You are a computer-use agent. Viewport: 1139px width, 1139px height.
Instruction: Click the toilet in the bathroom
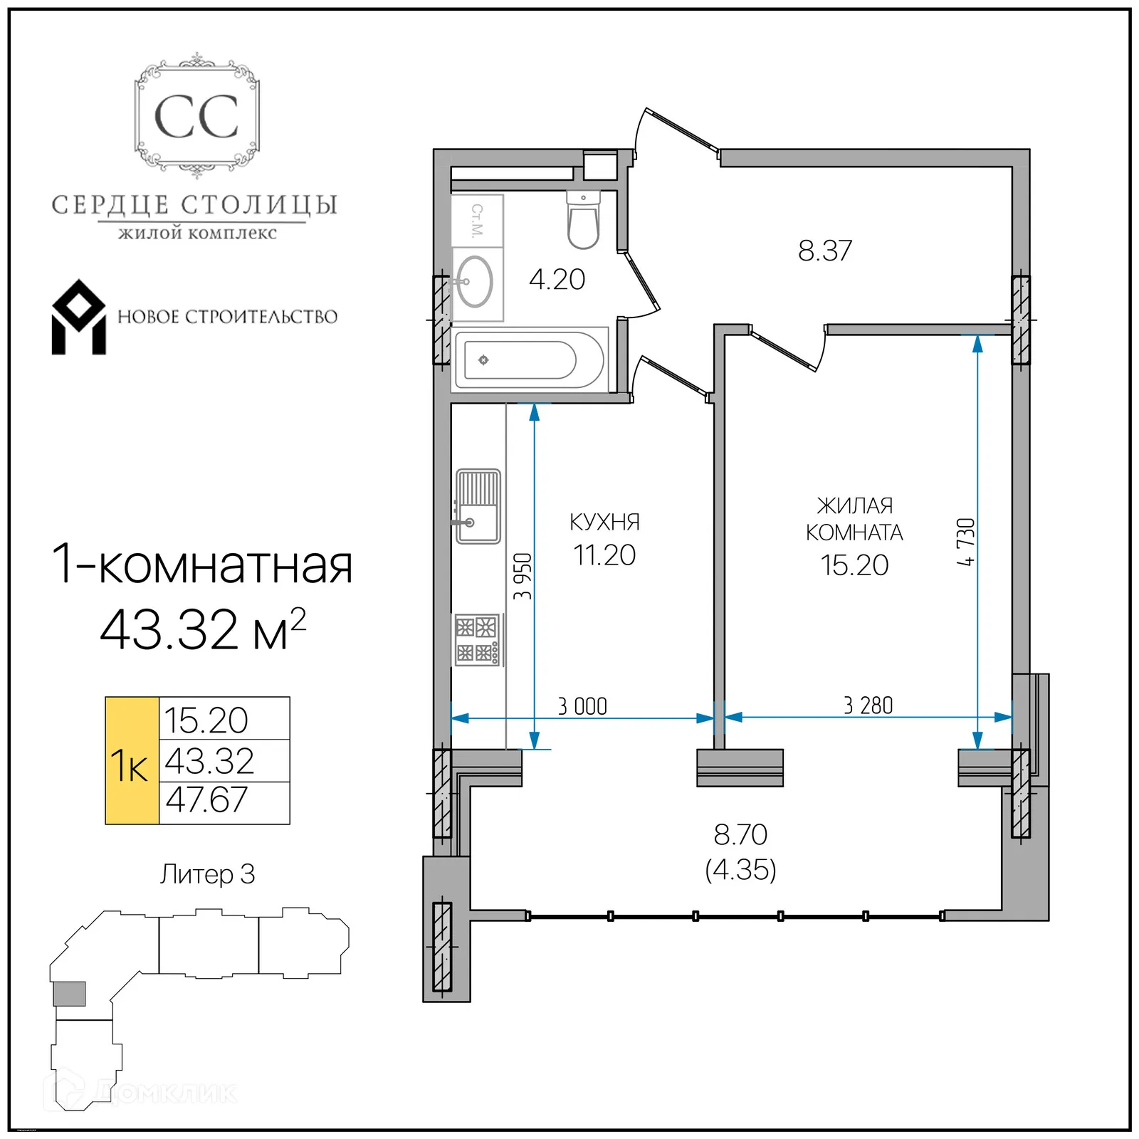tap(583, 221)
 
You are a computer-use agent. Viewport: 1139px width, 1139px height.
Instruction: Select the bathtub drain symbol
tap(483, 360)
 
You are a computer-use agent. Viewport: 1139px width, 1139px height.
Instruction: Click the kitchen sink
tap(478, 506)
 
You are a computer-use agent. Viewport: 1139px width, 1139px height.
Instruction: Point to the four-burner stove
tap(477, 640)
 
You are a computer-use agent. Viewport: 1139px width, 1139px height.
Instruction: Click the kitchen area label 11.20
tap(604, 555)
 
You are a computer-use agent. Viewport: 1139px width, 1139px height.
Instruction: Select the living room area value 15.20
tap(854, 565)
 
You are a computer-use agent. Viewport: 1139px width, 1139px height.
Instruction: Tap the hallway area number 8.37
tap(824, 251)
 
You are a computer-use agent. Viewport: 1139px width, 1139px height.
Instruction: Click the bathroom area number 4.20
tap(557, 280)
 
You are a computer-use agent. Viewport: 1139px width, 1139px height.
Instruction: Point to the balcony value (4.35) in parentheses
tap(740, 870)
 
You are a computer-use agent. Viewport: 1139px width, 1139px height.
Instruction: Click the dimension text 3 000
tap(582, 706)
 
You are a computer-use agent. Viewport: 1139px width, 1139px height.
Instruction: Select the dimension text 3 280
tap(868, 705)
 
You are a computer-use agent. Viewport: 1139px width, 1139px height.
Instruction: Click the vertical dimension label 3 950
tap(523, 576)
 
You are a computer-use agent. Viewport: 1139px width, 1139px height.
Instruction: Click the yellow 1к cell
tap(132, 761)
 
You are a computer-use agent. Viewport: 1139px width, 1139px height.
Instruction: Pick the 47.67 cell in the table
tap(207, 800)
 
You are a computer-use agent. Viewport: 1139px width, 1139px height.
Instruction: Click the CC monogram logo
tap(196, 117)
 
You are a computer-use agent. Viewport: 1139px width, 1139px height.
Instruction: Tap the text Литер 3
tap(207, 874)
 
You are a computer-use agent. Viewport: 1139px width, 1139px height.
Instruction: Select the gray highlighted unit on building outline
tap(70, 993)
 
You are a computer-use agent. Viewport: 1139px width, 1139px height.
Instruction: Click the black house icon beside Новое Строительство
tap(78, 317)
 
